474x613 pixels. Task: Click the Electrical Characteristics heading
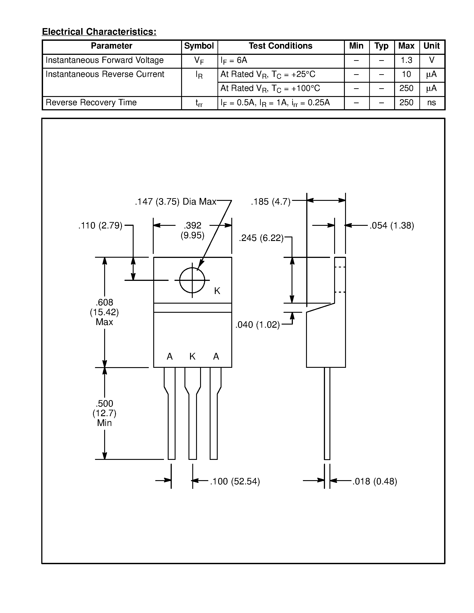coord(99,32)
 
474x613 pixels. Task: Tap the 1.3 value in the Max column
coord(406,60)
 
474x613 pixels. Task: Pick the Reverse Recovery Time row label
coord(91,103)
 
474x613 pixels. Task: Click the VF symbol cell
coord(199,61)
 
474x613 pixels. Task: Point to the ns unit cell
coord(432,103)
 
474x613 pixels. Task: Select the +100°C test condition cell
coord(270,88)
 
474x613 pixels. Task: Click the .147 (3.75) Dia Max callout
coord(176,202)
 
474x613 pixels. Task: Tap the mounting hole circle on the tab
coord(192,280)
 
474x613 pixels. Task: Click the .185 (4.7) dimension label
coord(271,202)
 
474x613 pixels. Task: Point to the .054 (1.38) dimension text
coord(392,225)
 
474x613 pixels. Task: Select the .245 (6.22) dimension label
coord(261,238)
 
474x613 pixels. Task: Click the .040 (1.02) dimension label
coord(257,325)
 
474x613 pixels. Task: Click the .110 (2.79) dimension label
coord(100,225)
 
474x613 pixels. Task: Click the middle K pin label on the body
coord(192,356)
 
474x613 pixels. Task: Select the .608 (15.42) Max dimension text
coord(104,312)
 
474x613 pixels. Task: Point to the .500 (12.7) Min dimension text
coord(104,413)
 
